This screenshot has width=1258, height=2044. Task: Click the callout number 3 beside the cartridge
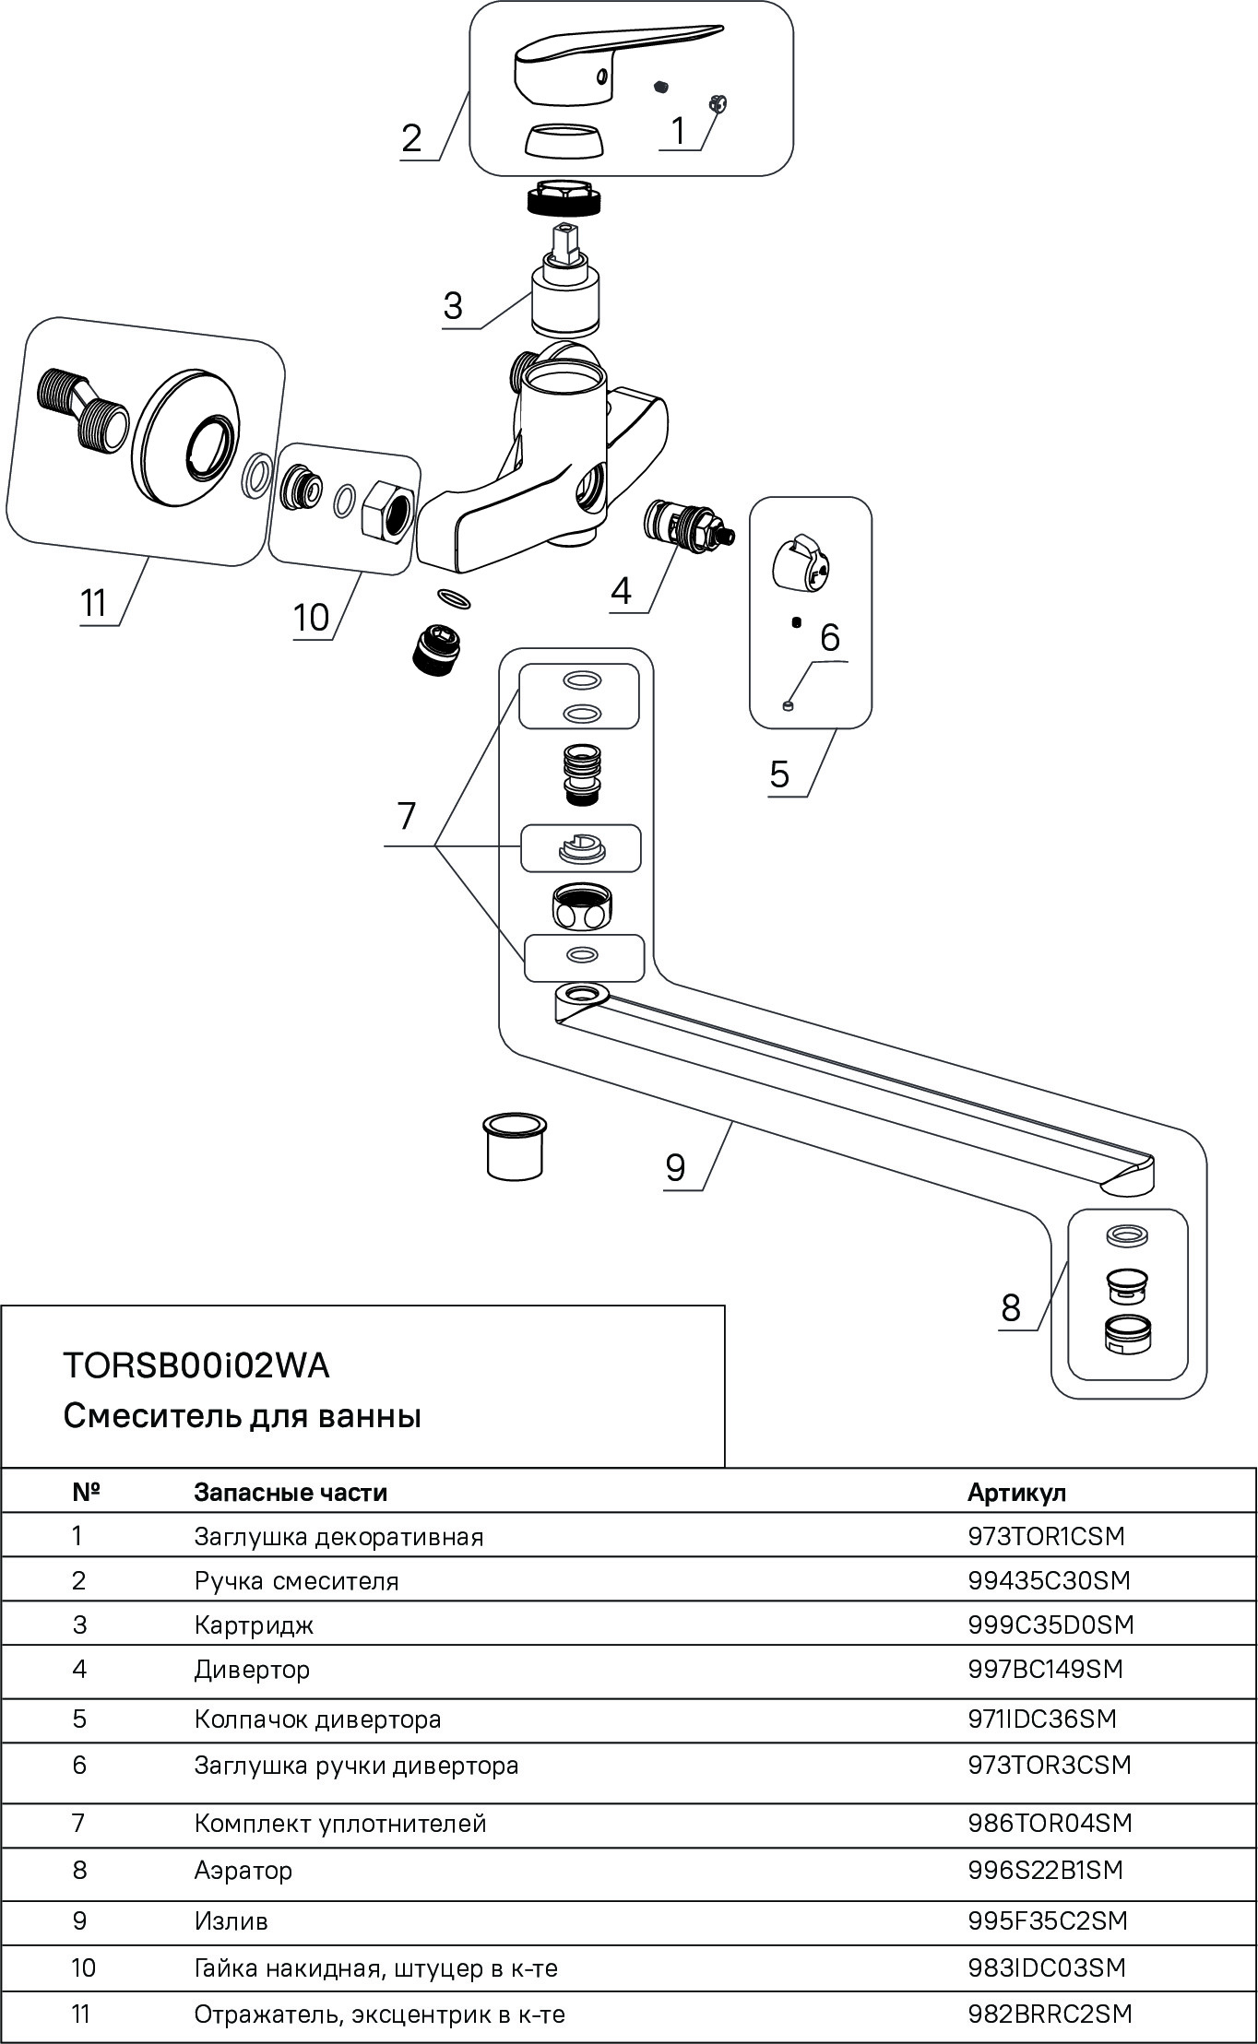click(452, 306)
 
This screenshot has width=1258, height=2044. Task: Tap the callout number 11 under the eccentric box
click(94, 604)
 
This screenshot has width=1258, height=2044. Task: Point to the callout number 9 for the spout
click(675, 1168)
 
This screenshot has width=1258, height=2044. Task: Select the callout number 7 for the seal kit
click(406, 816)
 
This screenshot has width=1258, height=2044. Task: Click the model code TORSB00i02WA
click(196, 1365)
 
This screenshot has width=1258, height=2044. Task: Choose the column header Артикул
click(1016, 1493)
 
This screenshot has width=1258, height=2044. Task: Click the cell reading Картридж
click(254, 1625)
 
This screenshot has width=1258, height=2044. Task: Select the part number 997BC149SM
click(1045, 1669)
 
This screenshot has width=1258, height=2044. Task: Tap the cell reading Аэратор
click(243, 1871)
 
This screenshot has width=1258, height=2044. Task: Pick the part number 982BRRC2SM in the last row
click(1050, 2015)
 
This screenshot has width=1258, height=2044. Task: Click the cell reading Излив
click(231, 1921)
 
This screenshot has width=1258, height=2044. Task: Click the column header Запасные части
click(290, 1493)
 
